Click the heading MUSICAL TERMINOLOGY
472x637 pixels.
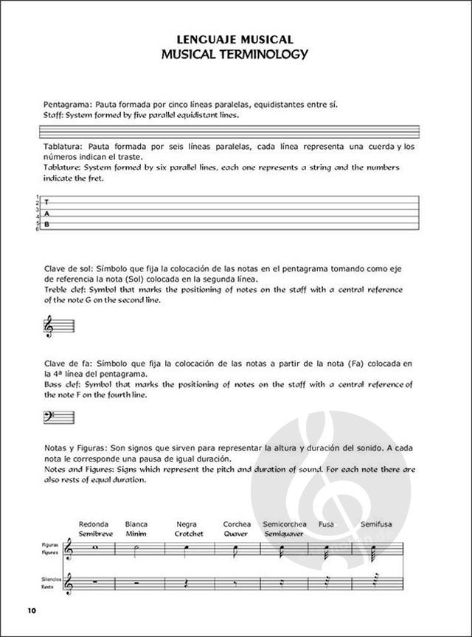(236, 55)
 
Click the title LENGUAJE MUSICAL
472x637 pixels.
(236, 39)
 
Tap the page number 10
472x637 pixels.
(29, 610)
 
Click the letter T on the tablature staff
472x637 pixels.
(46, 202)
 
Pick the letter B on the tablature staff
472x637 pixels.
(46, 223)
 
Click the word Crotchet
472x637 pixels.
(190, 533)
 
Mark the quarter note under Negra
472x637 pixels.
(188, 549)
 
